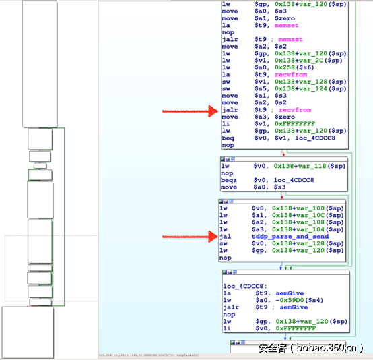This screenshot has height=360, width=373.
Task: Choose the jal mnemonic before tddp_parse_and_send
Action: (x=226, y=237)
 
